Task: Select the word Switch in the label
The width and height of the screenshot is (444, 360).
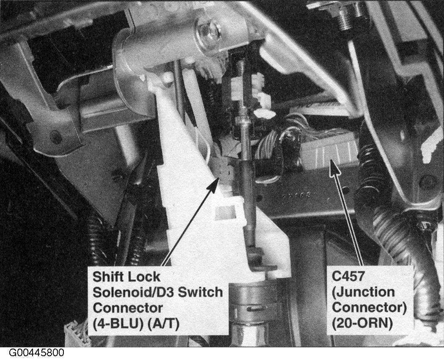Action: point(198,292)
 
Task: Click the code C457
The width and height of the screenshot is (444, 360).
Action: point(348,276)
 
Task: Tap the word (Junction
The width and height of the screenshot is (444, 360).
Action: point(363,292)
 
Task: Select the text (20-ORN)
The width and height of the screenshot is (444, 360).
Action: point(362,324)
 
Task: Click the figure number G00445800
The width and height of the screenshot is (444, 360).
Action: point(37,353)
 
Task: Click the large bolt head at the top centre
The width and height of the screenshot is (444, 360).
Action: point(209,32)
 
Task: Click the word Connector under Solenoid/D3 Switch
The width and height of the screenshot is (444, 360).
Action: point(128,308)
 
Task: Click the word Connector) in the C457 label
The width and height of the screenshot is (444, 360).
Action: point(369,308)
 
